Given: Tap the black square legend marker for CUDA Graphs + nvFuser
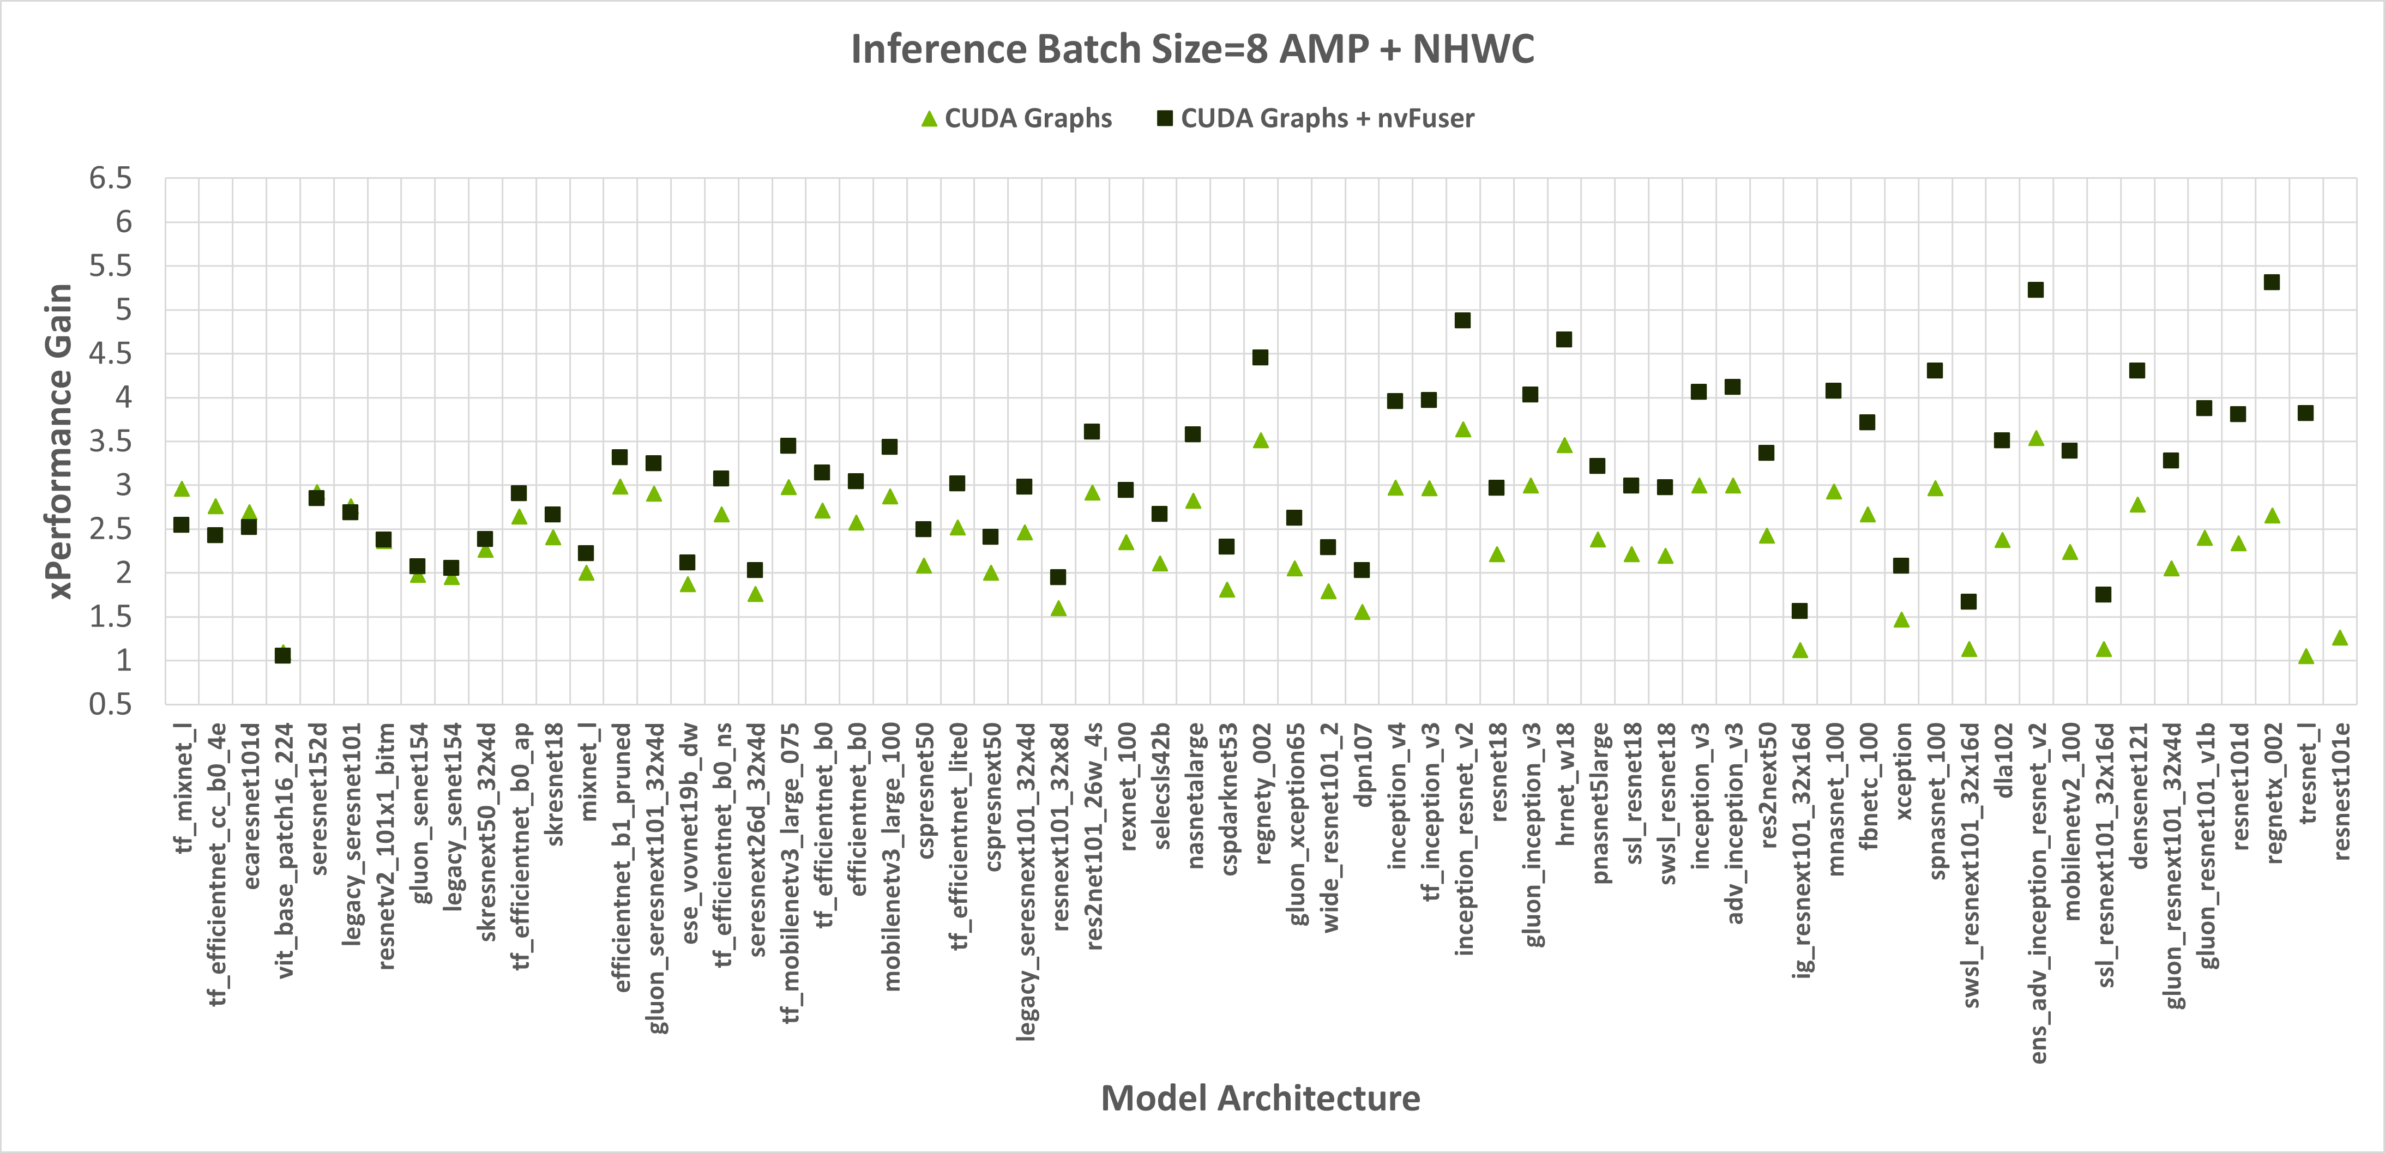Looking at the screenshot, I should point(1165,118).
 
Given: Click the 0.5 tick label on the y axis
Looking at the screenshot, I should point(110,704).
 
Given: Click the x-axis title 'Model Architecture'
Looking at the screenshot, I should point(1260,1098).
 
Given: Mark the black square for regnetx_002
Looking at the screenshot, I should point(2271,282).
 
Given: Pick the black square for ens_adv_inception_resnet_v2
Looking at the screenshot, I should point(2035,289).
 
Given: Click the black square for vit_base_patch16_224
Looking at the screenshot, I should point(282,655).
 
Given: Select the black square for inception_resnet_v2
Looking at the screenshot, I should point(1463,320).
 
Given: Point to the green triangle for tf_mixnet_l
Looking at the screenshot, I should point(182,488).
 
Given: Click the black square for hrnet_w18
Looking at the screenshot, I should point(1564,340).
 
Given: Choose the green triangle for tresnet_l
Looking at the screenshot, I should point(2305,656).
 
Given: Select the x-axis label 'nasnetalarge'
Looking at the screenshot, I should point(1194,796).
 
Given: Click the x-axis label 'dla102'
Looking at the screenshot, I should point(2003,760).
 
